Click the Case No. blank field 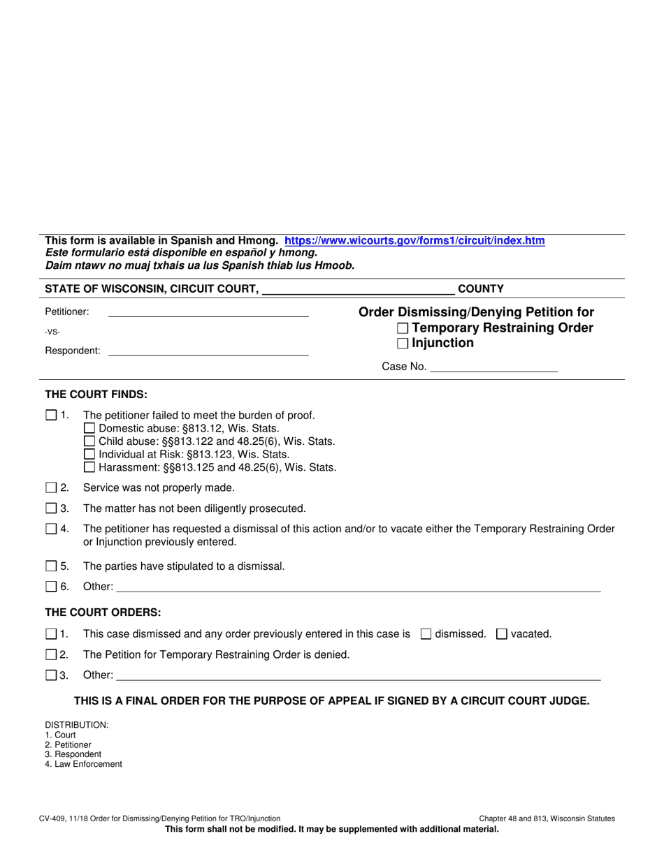[493, 366]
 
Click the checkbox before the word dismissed [425, 634]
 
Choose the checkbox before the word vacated [501, 634]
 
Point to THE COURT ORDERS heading [103, 612]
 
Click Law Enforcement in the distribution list [83, 764]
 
